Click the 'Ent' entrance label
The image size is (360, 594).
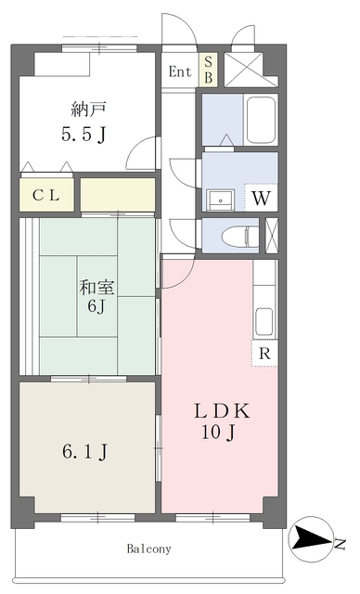[x=180, y=71]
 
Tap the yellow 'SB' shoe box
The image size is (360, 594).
[x=208, y=70]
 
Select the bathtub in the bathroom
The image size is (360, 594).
[x=261, y=120]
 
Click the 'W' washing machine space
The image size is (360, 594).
[x=262, y=198]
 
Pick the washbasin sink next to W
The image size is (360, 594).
[x=220, y=199]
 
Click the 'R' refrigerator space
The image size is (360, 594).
[x=265, y=353]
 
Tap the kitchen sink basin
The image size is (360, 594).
[x=264, y=322]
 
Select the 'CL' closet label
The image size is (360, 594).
[x=46, y=196]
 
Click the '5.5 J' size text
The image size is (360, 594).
[x=84, y=134]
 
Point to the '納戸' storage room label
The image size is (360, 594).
[x=88, y=110]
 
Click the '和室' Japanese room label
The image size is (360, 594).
[x=96, y=288]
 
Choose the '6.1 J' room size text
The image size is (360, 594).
[x=85, y=452]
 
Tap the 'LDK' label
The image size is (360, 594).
[x=222, y=411]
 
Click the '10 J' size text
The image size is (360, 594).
[x=218, y=433]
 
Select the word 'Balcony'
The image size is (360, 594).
[x=149, y=549]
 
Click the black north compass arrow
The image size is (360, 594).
[x=313, y=538]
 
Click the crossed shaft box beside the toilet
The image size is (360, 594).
[x=271, y=236]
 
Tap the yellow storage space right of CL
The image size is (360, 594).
[x=118, y=194]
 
